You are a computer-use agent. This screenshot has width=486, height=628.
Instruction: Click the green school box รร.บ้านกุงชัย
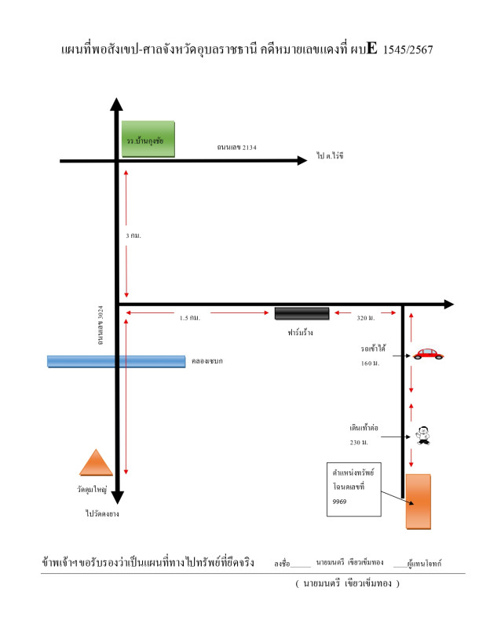tap(148, 139)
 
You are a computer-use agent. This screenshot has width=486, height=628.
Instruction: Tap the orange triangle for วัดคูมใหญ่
tap(96, 463)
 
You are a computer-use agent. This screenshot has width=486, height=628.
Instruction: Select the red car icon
tap(428, 354)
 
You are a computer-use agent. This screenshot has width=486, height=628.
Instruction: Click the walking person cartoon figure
tap(422, 436)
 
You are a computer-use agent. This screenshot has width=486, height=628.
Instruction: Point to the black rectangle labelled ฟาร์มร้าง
tap(301, 313)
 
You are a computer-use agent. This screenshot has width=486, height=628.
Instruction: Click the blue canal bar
tap(116, 361)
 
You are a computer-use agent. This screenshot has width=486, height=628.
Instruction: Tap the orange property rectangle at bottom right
tap(418, 502)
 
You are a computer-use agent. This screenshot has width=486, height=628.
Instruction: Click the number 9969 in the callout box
tap(339, 502)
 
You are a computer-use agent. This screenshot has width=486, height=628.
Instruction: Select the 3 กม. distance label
tap(133, 235)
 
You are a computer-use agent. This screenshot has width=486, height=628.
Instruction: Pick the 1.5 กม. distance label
tap(190, 318)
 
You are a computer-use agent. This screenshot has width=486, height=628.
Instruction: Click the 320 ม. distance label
tap(366, 318)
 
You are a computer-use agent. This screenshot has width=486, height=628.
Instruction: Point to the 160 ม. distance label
tap(370, 363)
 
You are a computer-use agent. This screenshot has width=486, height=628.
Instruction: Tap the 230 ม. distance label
tap(359, 443)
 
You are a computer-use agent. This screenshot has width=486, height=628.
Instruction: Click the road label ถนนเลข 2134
tap(237, 148)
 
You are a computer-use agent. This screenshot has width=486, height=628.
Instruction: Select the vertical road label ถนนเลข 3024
tap(100, 325)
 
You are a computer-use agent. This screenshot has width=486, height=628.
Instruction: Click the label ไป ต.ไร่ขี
tap(330, 155)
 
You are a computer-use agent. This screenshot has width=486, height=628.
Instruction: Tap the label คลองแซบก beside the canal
tap(206, 361)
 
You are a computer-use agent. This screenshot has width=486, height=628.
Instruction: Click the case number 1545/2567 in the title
tap(407, 49)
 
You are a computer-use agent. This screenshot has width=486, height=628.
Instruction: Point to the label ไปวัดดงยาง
tap(102, 513)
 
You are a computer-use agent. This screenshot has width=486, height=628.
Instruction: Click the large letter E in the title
tap(371, 48)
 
